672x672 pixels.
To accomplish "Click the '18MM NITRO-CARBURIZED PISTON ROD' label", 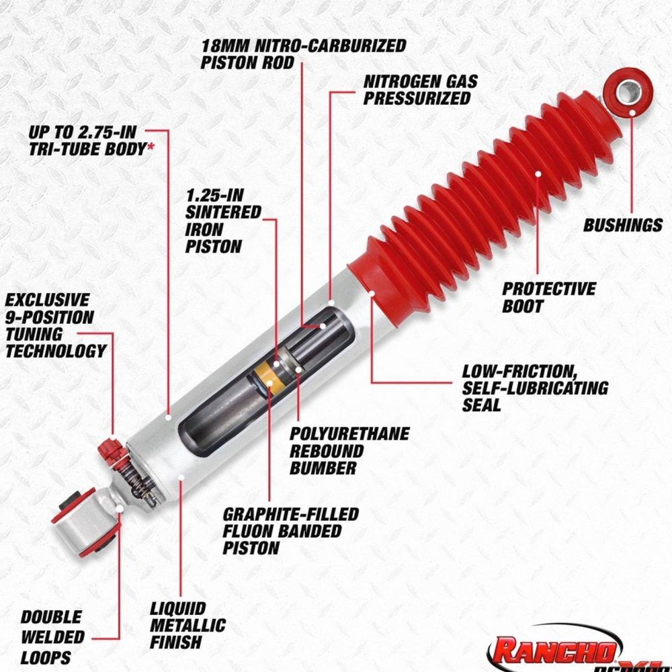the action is [x=304, y=54].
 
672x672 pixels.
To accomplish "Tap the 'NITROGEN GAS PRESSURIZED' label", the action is [x=420, y=90].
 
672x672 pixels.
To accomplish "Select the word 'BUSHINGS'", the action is [x=623, y=225].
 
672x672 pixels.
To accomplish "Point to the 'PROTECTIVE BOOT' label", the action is [x=548, y=298].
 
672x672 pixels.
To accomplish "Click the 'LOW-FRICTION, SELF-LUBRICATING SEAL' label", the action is [x=535, y=388].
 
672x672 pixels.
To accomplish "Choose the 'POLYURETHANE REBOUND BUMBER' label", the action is [x=349, y=451].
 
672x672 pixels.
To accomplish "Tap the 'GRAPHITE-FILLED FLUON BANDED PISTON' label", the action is [x=290, y=531].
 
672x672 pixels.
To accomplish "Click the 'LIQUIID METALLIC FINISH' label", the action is [x=187, y=625].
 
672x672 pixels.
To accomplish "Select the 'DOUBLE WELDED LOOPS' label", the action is [x=52, y=637].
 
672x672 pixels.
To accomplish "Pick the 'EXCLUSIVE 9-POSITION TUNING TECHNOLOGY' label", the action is [x=55, y=325].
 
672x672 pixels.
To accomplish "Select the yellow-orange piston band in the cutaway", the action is [x=268, y=376].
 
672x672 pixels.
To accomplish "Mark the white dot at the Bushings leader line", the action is [x=632, y=113].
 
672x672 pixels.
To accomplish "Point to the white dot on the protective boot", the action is [x=538, y=173].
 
